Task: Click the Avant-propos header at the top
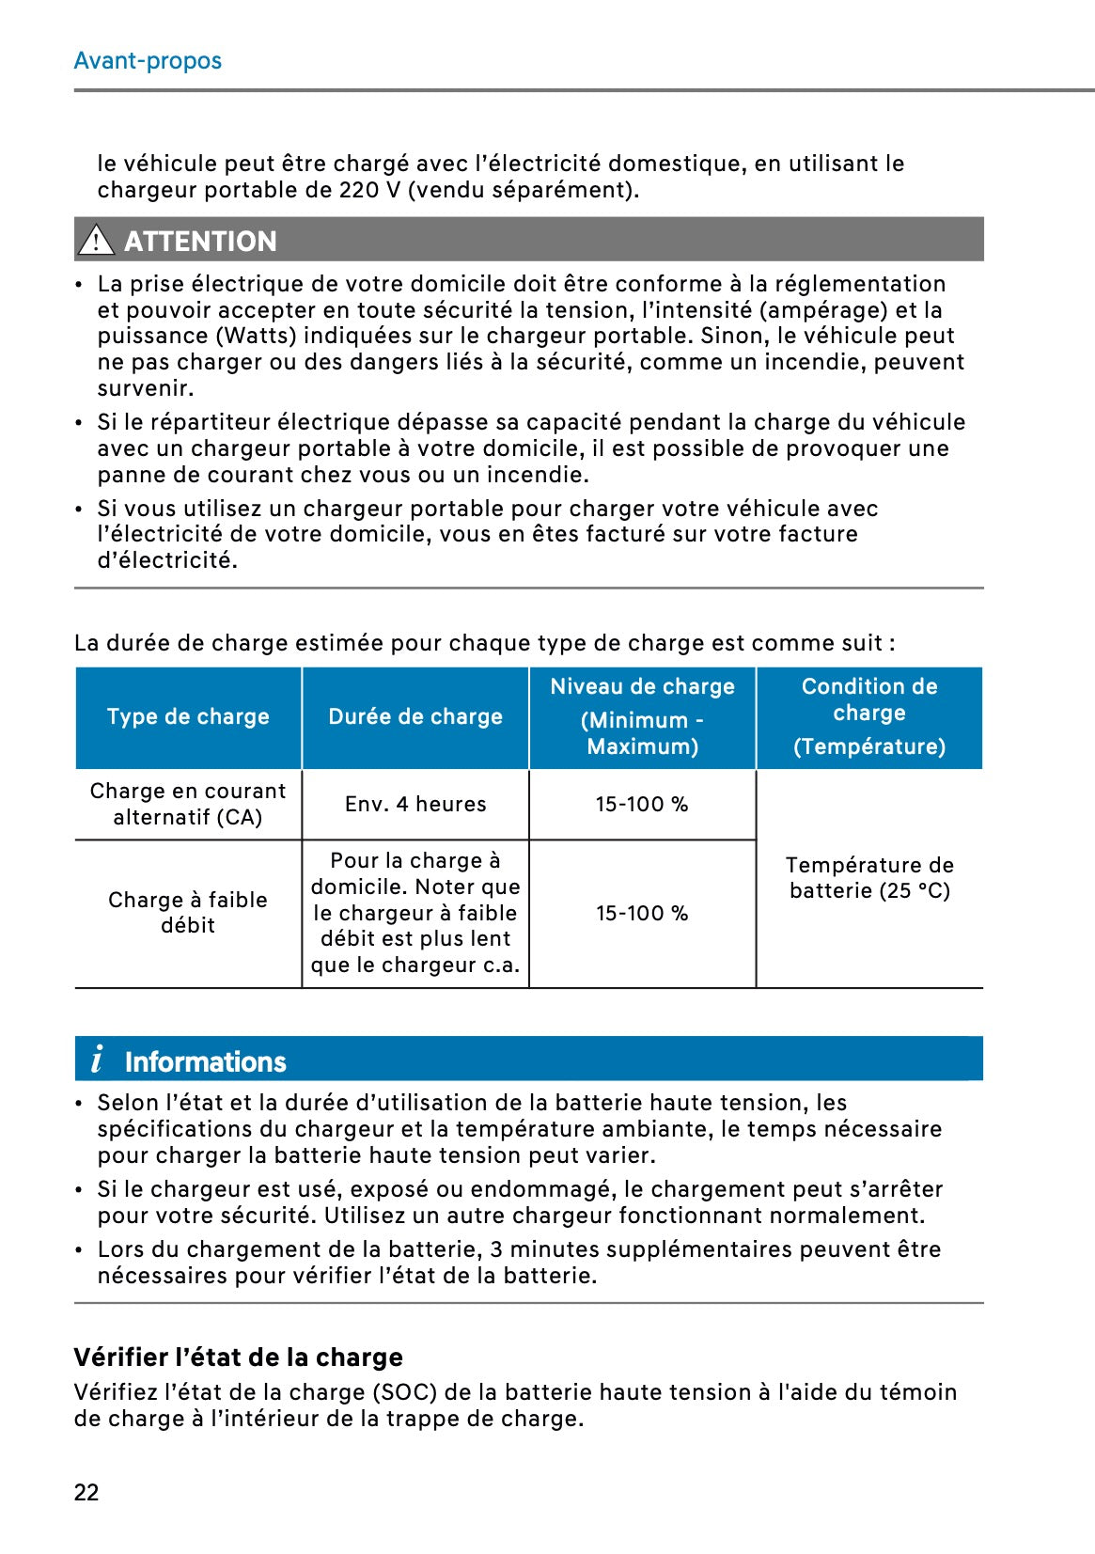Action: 148,61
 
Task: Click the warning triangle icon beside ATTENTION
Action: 96,241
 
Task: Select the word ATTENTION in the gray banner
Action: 200,242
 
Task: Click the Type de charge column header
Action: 188,717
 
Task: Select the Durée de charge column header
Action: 415,717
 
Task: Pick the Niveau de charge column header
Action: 642,716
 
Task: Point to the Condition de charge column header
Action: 869,716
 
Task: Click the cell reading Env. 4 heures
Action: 415,805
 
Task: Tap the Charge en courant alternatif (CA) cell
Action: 188,805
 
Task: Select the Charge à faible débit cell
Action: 188,913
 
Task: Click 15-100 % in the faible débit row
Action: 642,914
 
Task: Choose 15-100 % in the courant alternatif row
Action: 642,805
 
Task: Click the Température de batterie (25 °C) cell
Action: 869,878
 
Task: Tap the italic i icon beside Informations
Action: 97,1060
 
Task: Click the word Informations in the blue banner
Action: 205,1062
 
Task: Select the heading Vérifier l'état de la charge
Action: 238,1358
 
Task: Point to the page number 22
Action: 86,1493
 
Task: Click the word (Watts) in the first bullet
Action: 256,337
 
